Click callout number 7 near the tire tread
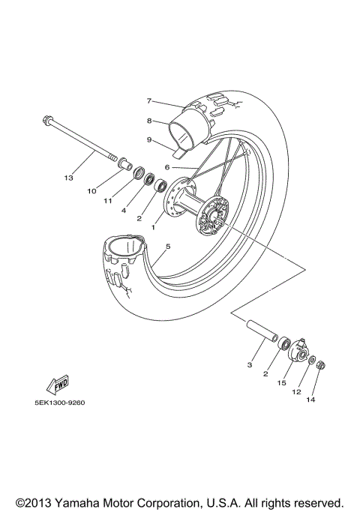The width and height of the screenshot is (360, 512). pyautogui.click(x=149, y=100)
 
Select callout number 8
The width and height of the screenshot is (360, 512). pyautogui.click(x=149, y=120)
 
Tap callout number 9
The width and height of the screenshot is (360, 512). pyautogui.click(x=149, y=139)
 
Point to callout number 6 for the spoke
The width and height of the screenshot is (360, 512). pyautogui.click(x=168, y=168)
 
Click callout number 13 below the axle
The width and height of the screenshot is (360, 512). pyautogui.click(x=69, y=178)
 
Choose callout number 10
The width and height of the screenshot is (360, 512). pyautogui.click(x=91, y=191)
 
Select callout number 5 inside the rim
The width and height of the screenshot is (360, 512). pyautogui.click(x=168, y=246)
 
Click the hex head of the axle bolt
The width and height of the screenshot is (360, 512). pyautogui.click(x=46, y=119)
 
